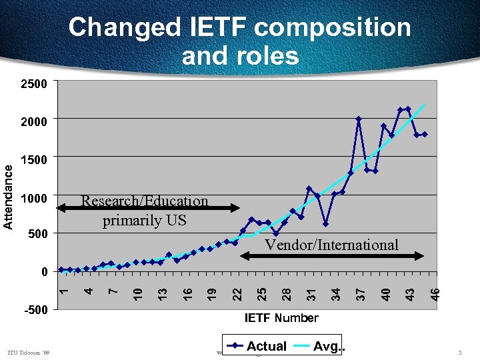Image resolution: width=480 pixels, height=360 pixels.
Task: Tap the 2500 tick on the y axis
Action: coord(35,85)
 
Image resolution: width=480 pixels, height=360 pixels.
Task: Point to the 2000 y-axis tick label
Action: coord(35,122)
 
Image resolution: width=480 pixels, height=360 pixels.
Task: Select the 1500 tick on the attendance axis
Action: coord(35,160)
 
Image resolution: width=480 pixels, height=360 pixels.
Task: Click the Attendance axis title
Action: coord(9,197)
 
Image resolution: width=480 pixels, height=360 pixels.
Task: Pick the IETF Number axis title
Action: coord(281,318)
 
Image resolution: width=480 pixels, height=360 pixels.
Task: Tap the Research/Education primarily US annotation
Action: coord(144,210)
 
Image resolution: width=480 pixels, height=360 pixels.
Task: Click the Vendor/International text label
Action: coord(331,245)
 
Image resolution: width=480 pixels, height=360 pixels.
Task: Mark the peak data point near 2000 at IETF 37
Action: coord(359,119)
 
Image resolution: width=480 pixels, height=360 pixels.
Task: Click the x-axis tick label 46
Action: coord(434,293)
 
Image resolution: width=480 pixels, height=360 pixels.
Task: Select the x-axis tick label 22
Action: coord(237,293)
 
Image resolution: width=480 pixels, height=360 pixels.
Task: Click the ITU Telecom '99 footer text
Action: coord(29,352)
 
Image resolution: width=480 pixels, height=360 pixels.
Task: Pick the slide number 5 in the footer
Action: coord(460,352)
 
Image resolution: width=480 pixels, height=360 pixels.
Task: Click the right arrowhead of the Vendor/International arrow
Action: coord(421,255)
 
